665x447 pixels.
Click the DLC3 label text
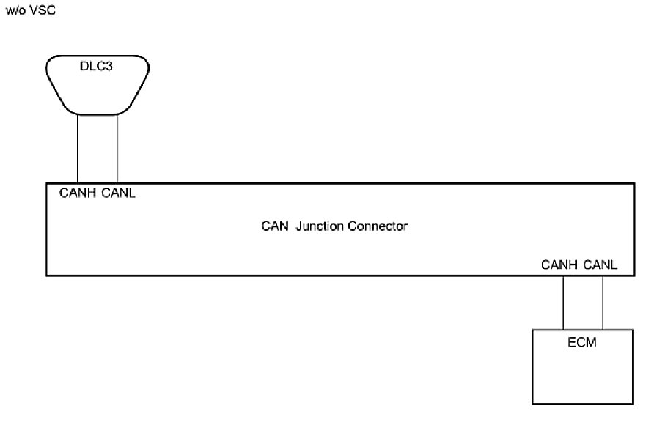[97, 67]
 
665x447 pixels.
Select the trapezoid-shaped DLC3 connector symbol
[98, 92]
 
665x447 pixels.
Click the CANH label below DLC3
[78, 194]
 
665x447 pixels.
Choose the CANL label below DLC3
[119, 194]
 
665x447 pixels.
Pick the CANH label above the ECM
[559, 265]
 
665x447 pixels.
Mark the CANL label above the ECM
[600, 265]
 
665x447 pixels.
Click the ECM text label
[582, 342]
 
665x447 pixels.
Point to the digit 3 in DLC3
[111, 67]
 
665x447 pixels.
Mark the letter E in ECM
[571, 342]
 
